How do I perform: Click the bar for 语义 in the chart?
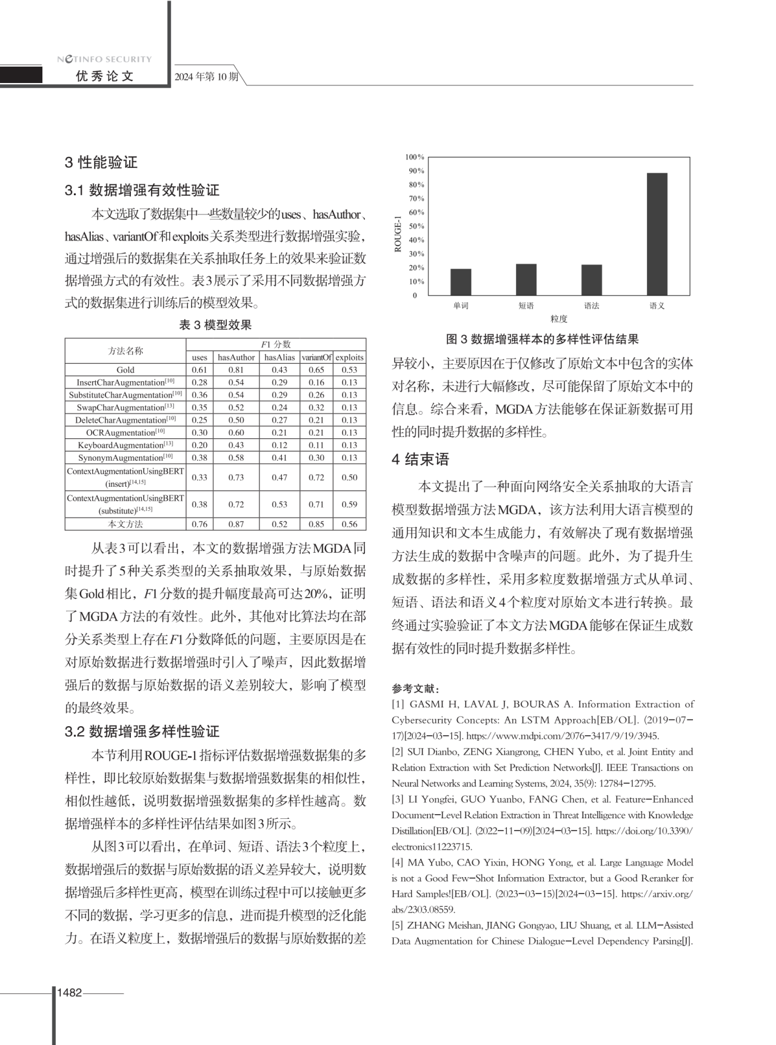point(657,235)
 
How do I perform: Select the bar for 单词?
point(461,282)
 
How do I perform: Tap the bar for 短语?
point(526,279)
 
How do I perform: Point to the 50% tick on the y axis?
point(416,226)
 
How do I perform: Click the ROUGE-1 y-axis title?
point(398,234)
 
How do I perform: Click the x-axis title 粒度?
point(558,319)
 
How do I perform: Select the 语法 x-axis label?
point(592,306)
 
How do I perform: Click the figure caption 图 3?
point(542,339)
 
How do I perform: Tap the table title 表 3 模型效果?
point(215,325)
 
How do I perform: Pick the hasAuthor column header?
point(236,358)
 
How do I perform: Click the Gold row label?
point(125,370)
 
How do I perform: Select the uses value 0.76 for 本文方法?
point(199,524)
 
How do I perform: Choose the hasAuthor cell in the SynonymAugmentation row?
point(236,458)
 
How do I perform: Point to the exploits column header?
point(349,358)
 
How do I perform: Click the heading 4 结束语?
point(420,459)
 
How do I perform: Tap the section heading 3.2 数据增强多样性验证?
point(142,732)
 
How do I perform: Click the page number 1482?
point(69,993)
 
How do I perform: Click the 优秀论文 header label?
point(104,76)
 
